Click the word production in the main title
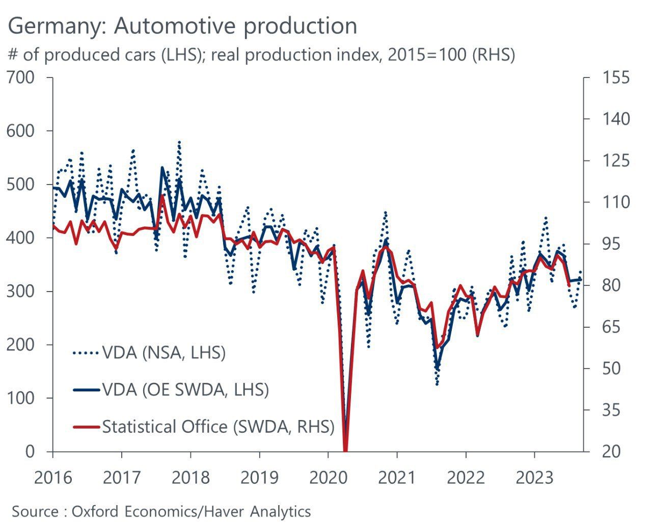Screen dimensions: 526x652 pyautogui.click(x=300, y=25)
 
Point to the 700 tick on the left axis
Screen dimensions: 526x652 pyautogui.click(x=21, y=78)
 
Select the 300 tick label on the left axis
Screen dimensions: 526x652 pyautogui.click(x=21, y=292)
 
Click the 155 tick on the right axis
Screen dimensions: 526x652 pyautogui.click(x=616, y=78)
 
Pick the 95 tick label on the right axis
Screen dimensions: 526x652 pyautogui.click(x=616, y=244)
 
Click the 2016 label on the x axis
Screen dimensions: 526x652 pyautogui.click(x=53, y=478)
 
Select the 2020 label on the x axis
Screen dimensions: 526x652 pyautogui.click(x=328, y=478)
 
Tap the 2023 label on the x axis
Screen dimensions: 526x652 pyautogui.click(x=534, y=478)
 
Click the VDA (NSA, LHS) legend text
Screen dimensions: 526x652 pyautogui.click(x=164, y=352)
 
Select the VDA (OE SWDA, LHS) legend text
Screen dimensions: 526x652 pyautogui.click(x=185, y=390)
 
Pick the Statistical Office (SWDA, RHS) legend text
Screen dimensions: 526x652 pyautogui.click(x=218, y=427)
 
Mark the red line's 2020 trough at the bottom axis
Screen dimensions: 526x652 pyautogui.click(x=345, y=450)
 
